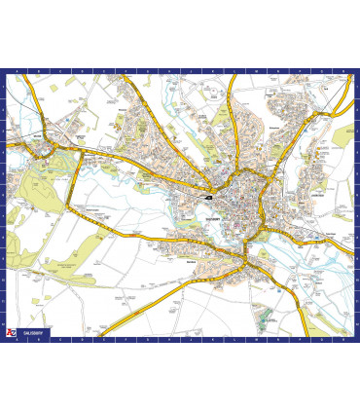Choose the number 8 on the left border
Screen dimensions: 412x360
click(3, 239)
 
